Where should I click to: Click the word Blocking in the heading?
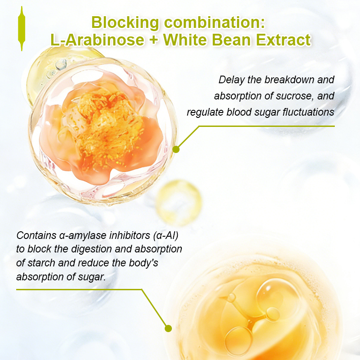coord(125,22)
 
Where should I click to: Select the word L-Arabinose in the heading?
coord(97,40)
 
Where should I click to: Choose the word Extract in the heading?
coord(283,40)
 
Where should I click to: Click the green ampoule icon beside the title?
coord(22,28)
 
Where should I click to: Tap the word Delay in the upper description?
coord(231,80)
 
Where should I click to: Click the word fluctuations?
coord(308,112)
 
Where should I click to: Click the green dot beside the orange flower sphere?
coord(176,149)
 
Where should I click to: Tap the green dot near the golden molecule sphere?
coord(168,328)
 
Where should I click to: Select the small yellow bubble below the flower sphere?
coord(178,202)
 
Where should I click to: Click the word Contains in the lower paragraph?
coord(36,235)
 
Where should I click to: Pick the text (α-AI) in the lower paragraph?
coord(166,236)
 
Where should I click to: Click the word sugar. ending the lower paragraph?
coord(92,277)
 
